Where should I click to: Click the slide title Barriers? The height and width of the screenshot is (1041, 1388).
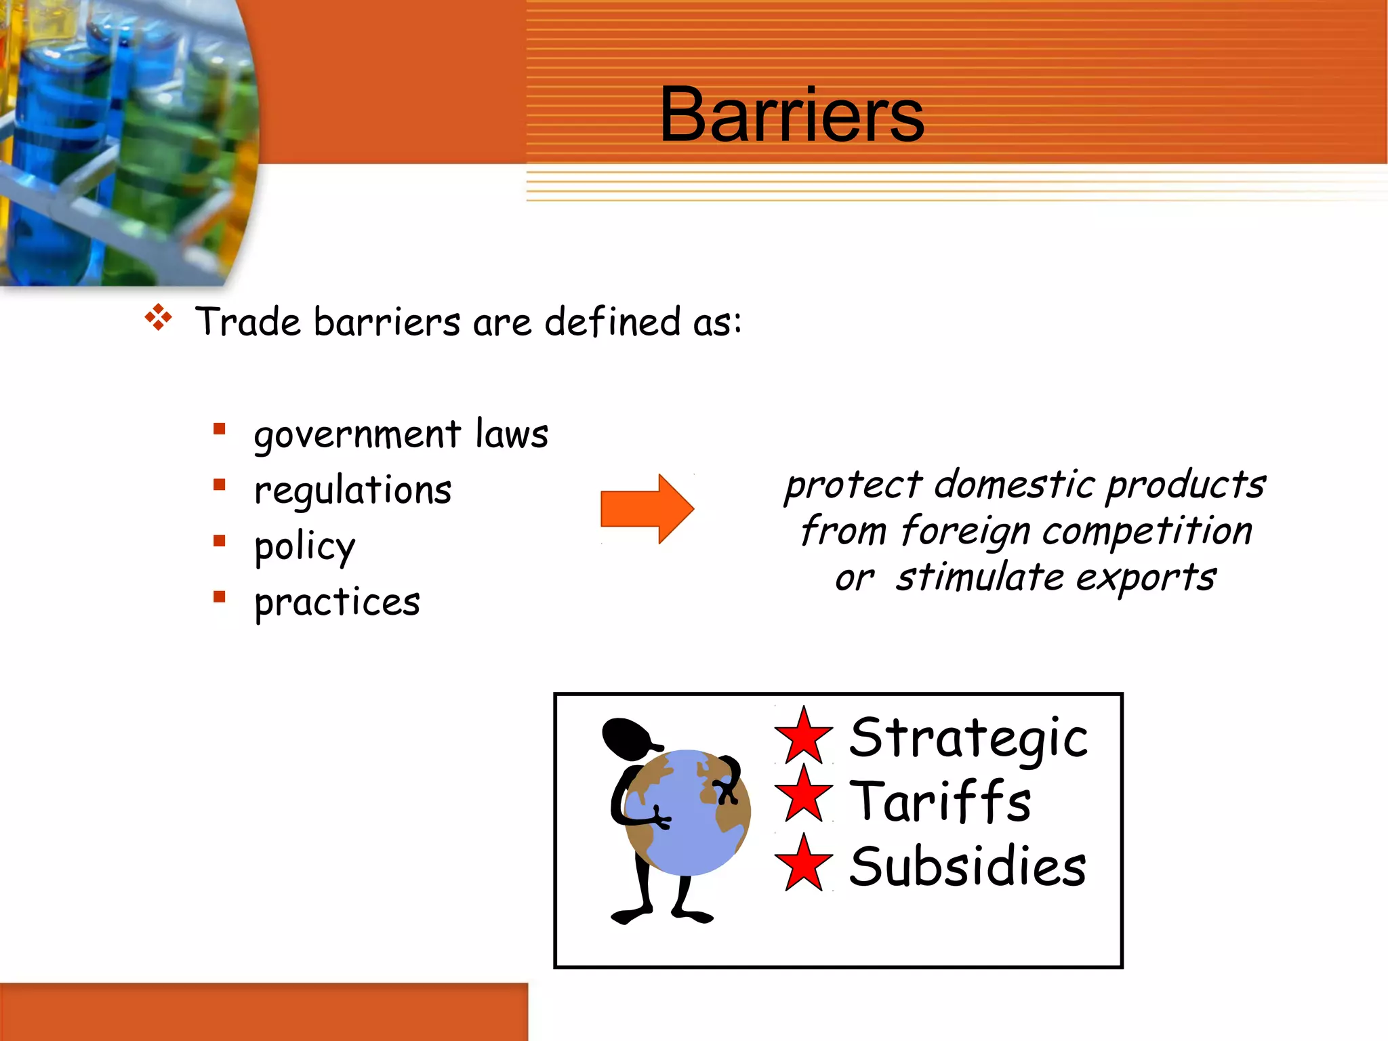point(792,115)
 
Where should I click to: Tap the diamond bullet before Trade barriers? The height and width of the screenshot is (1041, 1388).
point(159,317)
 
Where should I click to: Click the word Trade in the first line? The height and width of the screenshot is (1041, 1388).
point(247,322)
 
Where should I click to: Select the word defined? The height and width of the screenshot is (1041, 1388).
point(612,322)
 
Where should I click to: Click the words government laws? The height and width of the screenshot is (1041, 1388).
point(401,434)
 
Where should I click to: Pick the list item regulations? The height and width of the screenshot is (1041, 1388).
point(352,491)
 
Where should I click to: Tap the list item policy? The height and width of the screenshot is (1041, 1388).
point(304,547)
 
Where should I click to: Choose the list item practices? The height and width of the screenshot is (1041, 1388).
point(337,603)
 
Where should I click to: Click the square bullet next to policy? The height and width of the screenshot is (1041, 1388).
point(219,541)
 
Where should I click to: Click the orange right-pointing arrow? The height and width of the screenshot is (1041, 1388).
point(647,509)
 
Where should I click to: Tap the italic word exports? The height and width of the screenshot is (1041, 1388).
point(1145,578)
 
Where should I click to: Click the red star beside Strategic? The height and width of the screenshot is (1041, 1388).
point(804,737)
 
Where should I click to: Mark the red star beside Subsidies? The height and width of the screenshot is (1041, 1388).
point(804,864)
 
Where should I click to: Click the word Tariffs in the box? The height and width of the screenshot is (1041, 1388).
point(940,802)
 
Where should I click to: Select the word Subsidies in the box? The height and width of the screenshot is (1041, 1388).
point(967,867)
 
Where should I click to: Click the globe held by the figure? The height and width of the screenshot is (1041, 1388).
point(687,813)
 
